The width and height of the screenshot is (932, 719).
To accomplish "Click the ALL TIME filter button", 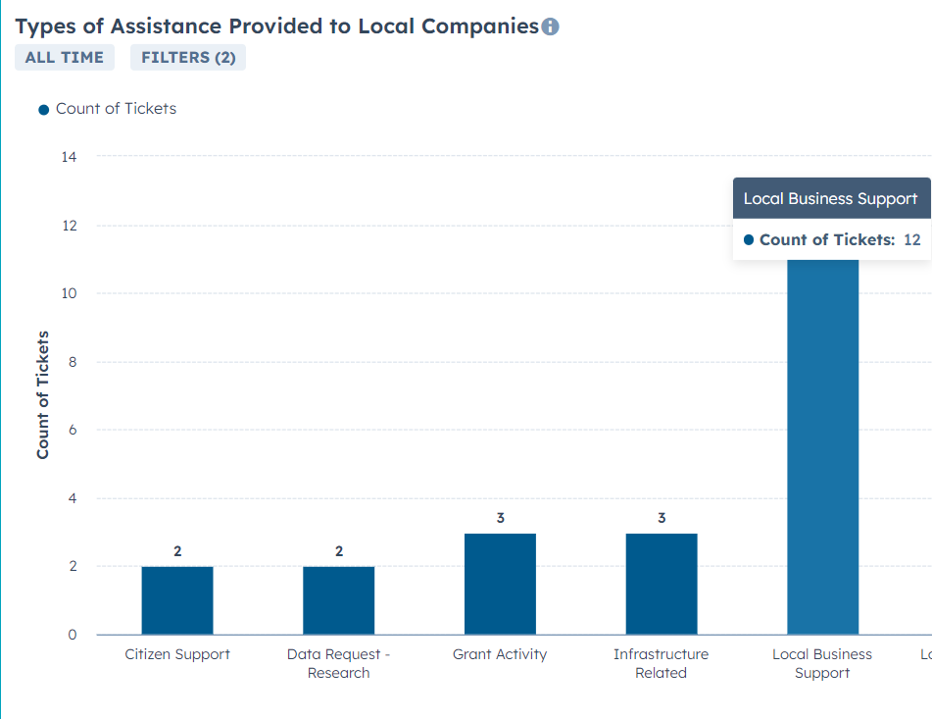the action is (x=65, y=57).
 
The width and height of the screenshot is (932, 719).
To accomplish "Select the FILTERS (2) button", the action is (x=188, y=57).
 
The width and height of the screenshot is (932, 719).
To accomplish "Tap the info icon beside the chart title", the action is (x=551, y=26).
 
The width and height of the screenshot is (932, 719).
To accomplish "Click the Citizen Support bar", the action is (x=177, y=600).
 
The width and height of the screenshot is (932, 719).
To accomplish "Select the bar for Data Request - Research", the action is (x=339, y=600).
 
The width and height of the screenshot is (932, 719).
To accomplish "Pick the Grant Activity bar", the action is (x=500, y=584).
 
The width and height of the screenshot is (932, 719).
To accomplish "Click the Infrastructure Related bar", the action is (x=662, y=584).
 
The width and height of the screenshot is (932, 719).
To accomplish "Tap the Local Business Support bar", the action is (x=822, y=447).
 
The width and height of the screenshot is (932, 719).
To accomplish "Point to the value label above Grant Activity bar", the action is (x=501, y=518).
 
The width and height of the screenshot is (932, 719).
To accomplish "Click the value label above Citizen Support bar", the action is (x=177, y=551).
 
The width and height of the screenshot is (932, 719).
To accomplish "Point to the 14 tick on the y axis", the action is (x=69, y=157).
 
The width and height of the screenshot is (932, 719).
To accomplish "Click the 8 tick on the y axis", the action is (x=73, y=362).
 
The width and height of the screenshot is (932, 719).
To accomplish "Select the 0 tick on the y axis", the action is (x=73, y=635).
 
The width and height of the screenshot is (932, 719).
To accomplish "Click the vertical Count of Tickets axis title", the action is (x=42, y=395).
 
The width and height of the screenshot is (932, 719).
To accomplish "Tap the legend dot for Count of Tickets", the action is (x=43, y=110).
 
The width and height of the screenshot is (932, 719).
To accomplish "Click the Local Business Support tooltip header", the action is (x=832, y=198).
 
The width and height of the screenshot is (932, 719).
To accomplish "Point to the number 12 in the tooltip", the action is (x=911, y=239).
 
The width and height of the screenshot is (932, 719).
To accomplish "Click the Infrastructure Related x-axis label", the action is (x=661, y=663).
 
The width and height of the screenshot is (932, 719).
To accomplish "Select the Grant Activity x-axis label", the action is (x=500, y=654).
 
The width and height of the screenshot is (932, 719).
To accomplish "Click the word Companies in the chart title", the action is (x=480, y=26).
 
